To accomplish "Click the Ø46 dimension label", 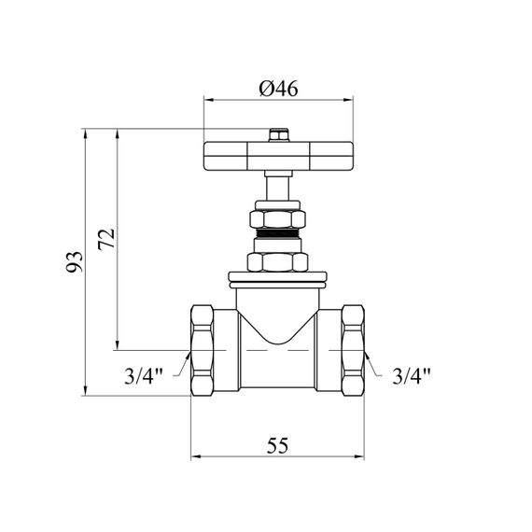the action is coord(278,89).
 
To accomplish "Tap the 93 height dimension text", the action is coord(74,262).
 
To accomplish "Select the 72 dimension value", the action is coord(106,239).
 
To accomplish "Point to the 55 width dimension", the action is coord(277,445).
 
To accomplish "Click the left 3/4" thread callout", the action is coord(144,376).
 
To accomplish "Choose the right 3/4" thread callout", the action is coord(412,376).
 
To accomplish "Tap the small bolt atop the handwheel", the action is coord(279,134).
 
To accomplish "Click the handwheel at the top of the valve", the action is coord(278,156).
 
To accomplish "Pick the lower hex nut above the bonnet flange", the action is coord(277,262).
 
